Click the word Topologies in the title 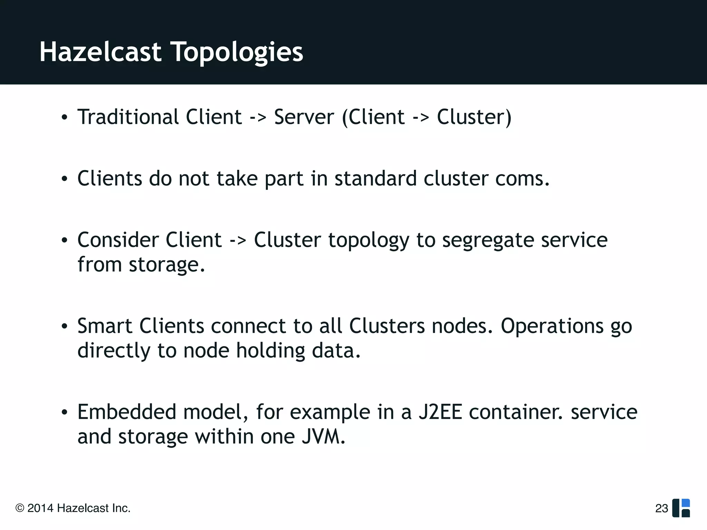[x=238, y=52]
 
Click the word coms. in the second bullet [x=522, y=179]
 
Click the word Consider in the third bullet [x=117, y=240]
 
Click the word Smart [x=105, y=326]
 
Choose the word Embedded [x=127, y=412]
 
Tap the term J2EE [x=440, y=412]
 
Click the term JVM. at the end [x=323, y=436]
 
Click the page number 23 [x=661, y=508]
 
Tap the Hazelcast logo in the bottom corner [x=681, y=508]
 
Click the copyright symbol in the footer [x=20, y=508]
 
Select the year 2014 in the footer [x=40, y=508]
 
